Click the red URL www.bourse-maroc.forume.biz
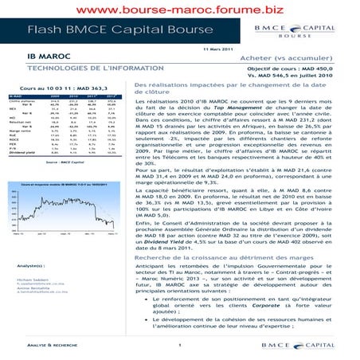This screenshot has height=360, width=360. [179, 10]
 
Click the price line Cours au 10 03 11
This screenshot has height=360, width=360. [65, 87]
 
